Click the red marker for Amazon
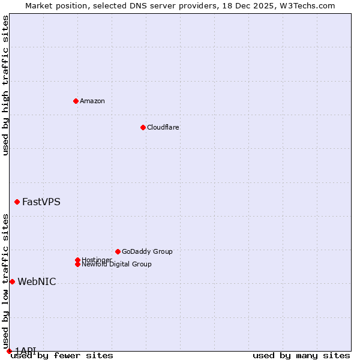76,101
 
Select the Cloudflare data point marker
143,127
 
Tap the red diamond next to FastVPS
17,202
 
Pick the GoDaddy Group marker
118,251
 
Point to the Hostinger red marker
77,260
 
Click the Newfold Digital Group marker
77,264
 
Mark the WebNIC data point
12,281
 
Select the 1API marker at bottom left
9,351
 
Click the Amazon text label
92,101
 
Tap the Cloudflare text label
163,127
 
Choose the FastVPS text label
41,202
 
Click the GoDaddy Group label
147,251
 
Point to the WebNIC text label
37,281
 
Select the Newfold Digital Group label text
116,265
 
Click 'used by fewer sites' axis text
62,355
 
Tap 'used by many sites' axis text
301,355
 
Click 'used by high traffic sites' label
5,85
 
